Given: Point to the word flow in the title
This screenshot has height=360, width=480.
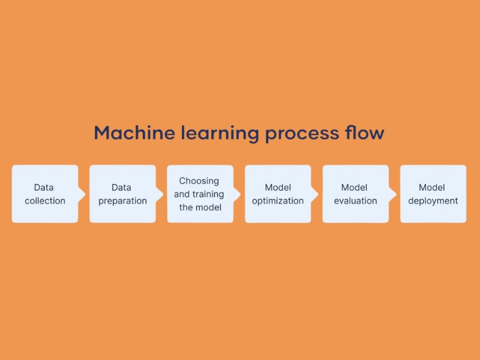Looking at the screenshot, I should (365, 133).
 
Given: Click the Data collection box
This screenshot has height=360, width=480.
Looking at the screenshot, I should (45, 194).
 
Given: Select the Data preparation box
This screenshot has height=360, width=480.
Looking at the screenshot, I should (122, 194).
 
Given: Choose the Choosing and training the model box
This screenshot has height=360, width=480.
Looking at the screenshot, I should (200, 194).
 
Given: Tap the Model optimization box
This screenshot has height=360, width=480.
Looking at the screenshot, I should (278, 194).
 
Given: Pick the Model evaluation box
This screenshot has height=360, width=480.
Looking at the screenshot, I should (355, 194).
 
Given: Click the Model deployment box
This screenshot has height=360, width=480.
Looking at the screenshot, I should (433, 194).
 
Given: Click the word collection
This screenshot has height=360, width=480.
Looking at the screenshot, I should (45, 201).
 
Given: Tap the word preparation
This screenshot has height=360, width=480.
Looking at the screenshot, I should (122, 201).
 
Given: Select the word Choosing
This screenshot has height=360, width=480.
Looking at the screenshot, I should (199, 181).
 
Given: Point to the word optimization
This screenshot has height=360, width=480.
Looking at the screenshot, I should (278, 201).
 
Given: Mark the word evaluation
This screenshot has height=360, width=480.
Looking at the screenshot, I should (355, 201).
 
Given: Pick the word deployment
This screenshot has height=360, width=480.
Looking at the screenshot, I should (433, 201).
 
